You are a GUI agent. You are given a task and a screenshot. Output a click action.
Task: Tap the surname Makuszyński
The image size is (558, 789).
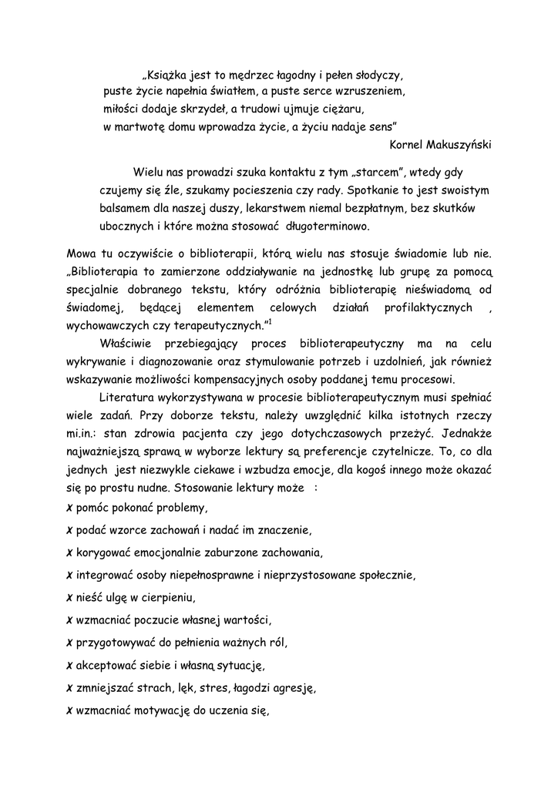tap(459, 143)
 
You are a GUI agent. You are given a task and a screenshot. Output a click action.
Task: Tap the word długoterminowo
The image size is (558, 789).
tap(328, 227)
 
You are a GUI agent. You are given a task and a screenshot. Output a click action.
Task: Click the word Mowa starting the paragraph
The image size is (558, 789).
tap(82, 254)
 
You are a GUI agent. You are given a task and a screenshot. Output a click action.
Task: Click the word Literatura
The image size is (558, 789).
tap(129, 397)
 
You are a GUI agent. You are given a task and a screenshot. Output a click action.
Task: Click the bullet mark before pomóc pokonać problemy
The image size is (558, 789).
tap(70, 509)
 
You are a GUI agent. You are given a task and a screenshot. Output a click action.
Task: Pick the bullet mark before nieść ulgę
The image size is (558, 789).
tap(70, 597)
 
